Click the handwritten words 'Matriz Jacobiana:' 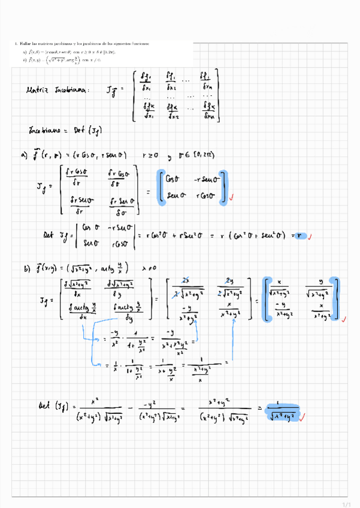(58, 92)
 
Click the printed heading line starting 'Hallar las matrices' (84, 44)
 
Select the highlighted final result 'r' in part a (301, 235)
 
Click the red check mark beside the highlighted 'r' (310, 235)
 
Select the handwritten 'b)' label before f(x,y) (26, 270)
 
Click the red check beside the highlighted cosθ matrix (232, 197)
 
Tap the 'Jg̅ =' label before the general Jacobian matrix (114, 91)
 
